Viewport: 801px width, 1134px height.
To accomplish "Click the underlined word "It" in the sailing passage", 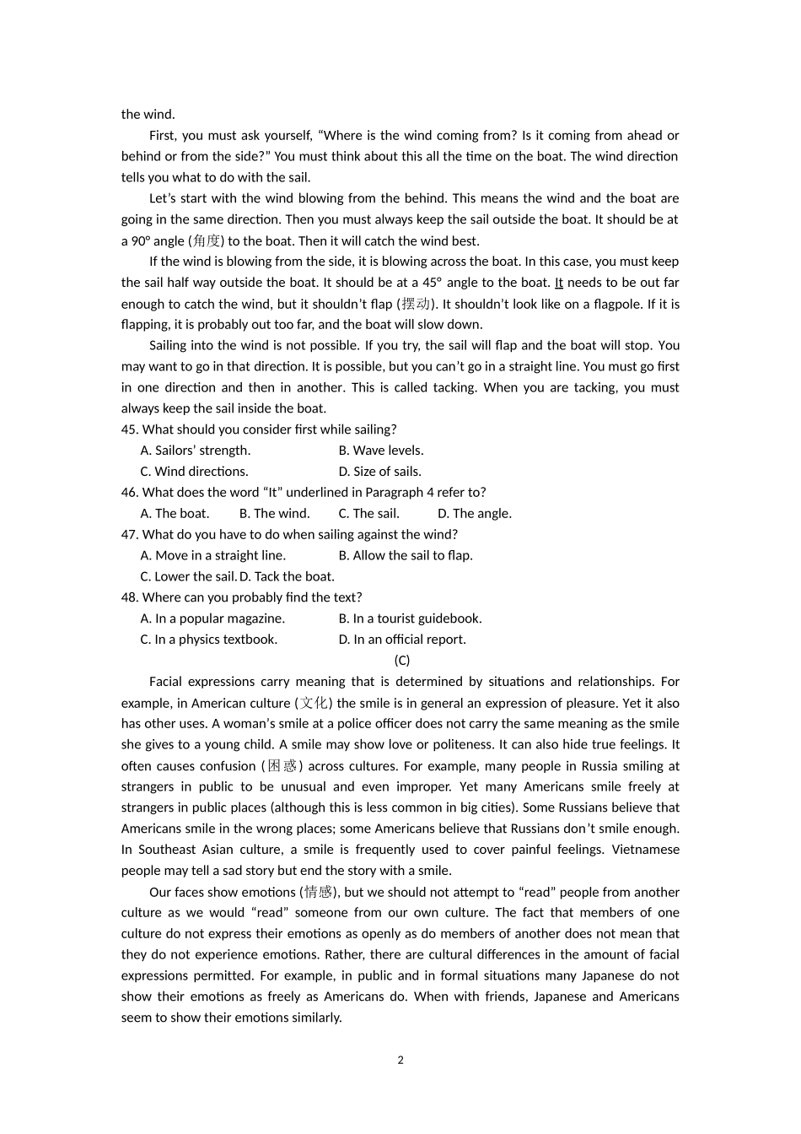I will point(558,283).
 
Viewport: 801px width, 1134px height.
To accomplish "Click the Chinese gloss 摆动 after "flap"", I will point(417,304).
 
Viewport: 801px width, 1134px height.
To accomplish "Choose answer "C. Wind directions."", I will point(194,472).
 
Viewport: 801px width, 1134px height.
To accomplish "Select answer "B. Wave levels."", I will point(381,451).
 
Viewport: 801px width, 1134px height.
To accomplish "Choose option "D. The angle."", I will point(474,513).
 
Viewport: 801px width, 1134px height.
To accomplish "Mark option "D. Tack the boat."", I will point(288,576).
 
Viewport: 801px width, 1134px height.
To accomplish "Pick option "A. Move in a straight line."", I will point(212,555).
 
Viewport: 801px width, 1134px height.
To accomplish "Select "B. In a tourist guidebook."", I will point(410,618).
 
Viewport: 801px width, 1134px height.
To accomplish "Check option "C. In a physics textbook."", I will point(208,640).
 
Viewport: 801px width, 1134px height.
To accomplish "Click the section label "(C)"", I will point(401,661).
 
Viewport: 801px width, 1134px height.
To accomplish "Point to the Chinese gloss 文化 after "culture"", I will point(313,703).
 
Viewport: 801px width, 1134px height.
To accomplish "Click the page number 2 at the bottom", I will point(400,1061).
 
